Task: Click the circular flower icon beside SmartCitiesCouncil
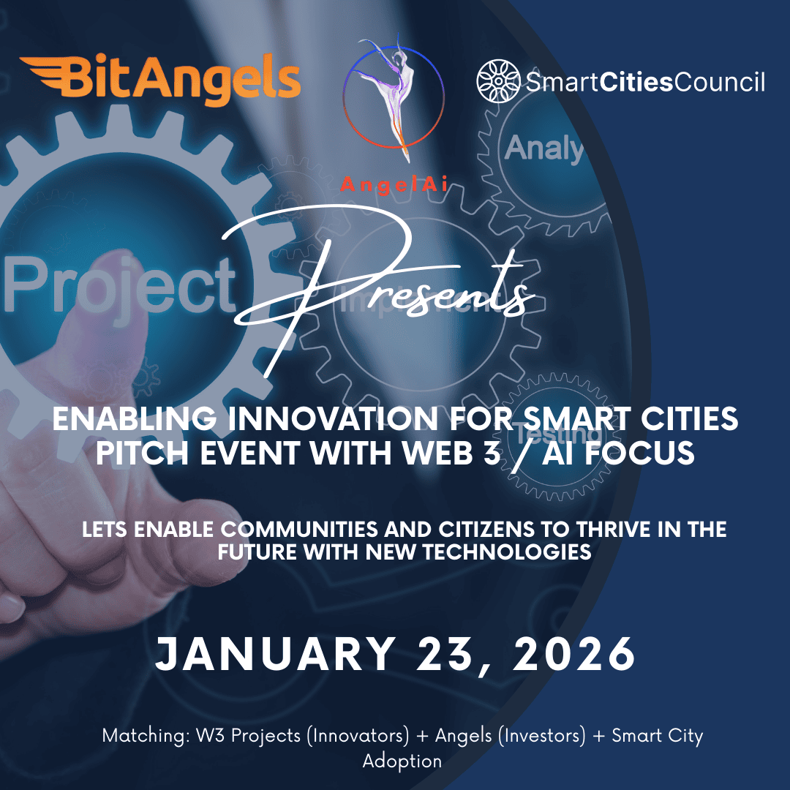[x=497, y=81]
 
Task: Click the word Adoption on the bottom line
[x=402, y=761]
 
